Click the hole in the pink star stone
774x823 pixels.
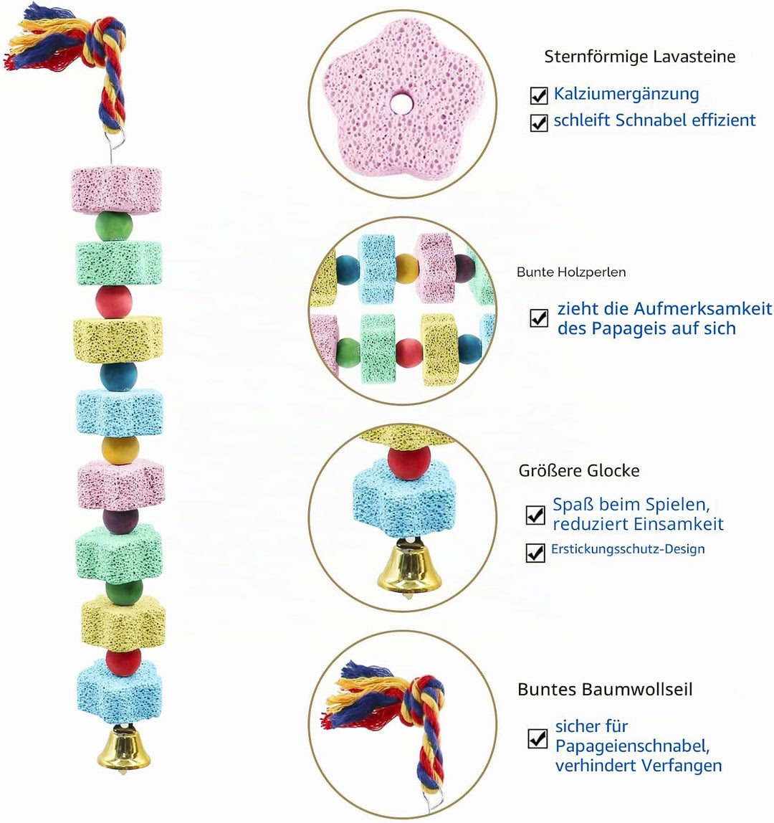[403, 103]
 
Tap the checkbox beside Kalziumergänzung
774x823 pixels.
[539, 95]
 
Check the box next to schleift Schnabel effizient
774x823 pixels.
[539, 123]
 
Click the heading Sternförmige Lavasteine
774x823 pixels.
[640, 57]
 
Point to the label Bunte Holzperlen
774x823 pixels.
[571, 272]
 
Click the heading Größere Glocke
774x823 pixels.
[579, 471]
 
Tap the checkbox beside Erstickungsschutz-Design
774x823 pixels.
[535, 552]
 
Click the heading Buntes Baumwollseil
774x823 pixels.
[605, 689]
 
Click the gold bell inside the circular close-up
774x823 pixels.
[409, 568]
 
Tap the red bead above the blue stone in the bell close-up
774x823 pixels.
[409, 462]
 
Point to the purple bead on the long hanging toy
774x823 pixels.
[120, 520]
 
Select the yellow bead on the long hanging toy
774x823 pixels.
[120, 450]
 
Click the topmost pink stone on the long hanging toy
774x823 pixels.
[116, 190]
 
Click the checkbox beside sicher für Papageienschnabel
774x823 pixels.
[537, 738]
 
